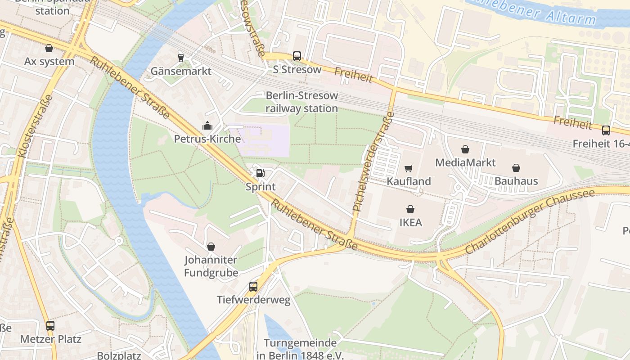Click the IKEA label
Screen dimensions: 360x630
(x=410, y=222)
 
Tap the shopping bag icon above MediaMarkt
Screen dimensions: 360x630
(x=465, y=149)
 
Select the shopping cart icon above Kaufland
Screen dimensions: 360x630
(x=409, y=168)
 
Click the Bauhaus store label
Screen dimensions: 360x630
(x=516, y=181)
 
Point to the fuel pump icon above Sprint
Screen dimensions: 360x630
(x=260, y=173)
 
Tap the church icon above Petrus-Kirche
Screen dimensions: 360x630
(x=207, y=126)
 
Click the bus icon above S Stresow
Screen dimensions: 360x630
(x=297, y=56)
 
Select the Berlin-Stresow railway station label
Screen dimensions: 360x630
(x=301, y=102)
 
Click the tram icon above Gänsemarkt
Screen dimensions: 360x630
(x=181, y=58)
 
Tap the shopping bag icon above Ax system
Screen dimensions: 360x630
(x=49, y=48)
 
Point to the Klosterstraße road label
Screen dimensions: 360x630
(x=36, y=126)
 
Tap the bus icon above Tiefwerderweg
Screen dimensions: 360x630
(x=253, y=287)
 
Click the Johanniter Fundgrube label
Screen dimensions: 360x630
(x=211, y=266)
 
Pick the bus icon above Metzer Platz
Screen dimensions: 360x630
(x=50, y=325)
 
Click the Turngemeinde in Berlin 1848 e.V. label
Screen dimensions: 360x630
(x=300, y=349)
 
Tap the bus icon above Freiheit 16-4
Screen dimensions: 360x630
(x=606, y=130)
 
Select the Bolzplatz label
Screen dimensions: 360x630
(x=120, y=355)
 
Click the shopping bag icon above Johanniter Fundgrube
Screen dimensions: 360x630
(x=211, y=247)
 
